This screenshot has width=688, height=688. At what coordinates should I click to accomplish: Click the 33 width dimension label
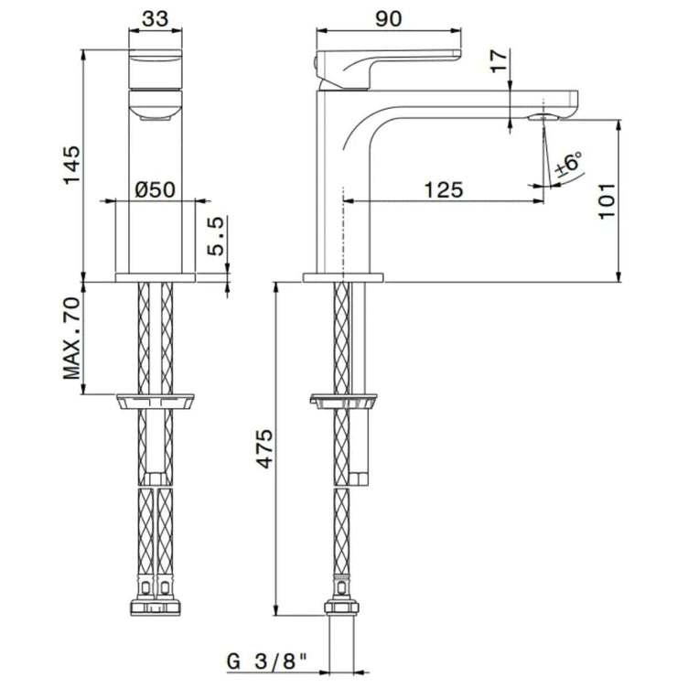pos(156,18)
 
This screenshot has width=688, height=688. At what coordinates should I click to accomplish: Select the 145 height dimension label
pos(72,166)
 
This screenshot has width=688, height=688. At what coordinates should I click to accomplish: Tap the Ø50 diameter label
pos(156,189)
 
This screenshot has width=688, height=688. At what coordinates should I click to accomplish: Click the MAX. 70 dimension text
pos(72,339)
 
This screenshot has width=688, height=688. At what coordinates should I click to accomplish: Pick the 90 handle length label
pos(388,18)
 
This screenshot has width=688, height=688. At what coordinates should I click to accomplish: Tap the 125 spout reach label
pos(444,189)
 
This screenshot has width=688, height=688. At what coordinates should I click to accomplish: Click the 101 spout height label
pos(607,201)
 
